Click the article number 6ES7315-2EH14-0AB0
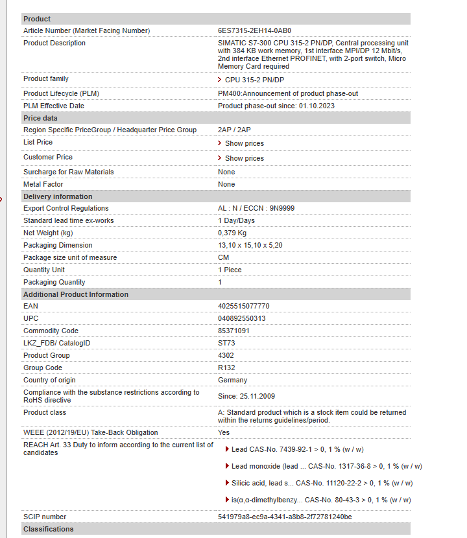[254, 30]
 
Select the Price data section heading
[40, 118]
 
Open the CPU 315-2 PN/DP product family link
[254, 80]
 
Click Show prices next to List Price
[244, 143]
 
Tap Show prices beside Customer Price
[244, 158]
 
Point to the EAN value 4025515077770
[243, 306]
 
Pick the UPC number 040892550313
[241, 318]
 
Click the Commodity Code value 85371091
[233, 331]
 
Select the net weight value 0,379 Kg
[232, 233]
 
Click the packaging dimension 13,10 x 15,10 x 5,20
[250, 245]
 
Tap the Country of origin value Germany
[232, 380]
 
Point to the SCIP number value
[285, 517]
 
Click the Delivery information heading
[58, 196]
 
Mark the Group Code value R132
[226, 368]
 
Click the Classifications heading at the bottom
[49, 529]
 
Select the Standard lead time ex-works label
[68, 220]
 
